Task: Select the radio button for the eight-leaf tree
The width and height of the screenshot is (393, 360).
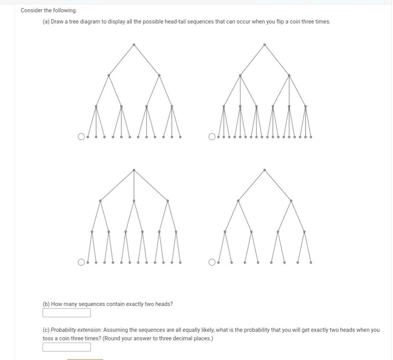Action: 212,262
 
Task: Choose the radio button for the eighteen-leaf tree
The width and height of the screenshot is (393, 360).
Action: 212,137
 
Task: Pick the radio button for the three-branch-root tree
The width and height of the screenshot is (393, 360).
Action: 81,262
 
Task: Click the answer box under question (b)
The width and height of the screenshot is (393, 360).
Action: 66,313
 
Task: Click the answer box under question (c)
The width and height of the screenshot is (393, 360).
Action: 66,347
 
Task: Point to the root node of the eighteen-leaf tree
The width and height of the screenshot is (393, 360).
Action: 265,45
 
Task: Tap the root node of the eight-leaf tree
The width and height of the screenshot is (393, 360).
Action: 265,170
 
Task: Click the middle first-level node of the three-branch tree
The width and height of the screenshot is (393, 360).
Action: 134,201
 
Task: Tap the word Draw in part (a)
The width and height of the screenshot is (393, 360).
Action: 57,22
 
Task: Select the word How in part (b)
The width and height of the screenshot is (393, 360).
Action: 56,304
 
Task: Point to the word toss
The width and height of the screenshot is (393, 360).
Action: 47,338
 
